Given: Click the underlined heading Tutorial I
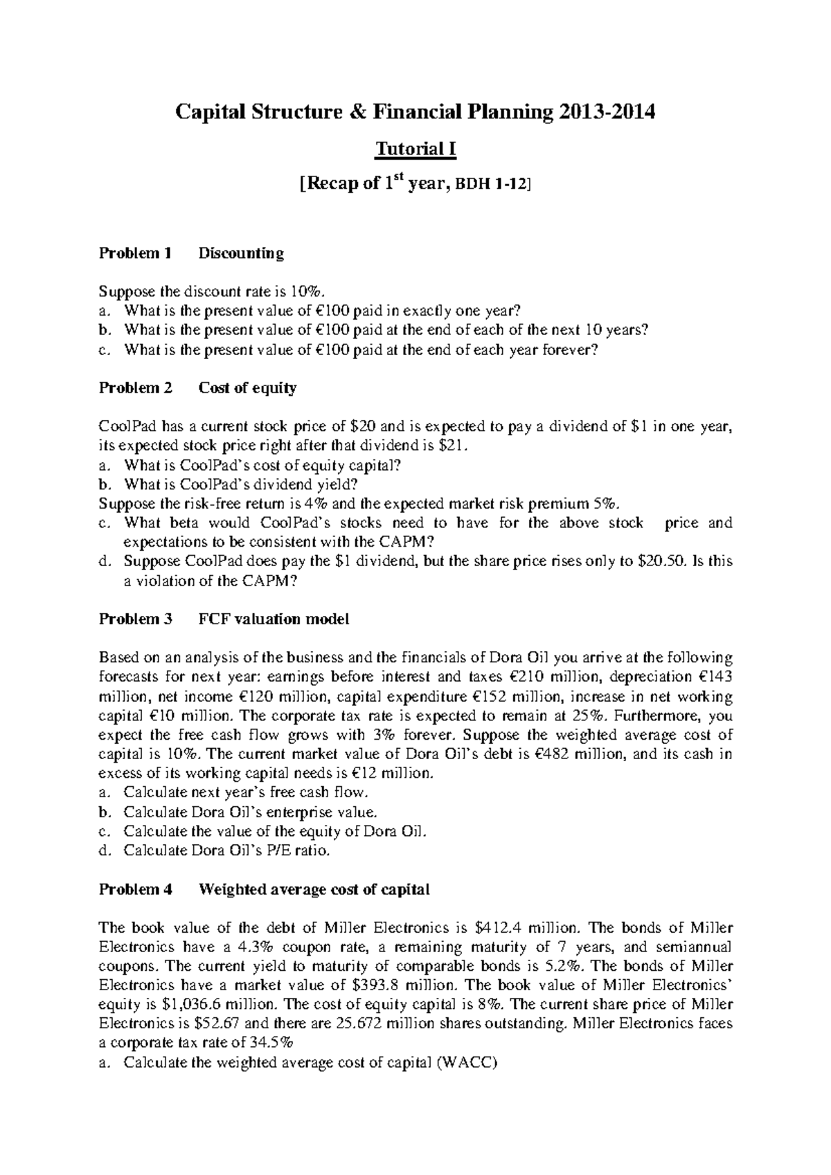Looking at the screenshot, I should (x=415, y=149).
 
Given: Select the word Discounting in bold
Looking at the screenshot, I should (x=241, y=253).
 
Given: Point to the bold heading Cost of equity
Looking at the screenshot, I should (x=247, y=388).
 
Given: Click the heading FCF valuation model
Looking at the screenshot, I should (x=274, y=619).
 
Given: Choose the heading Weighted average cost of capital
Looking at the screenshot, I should (x=314, y=890).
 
